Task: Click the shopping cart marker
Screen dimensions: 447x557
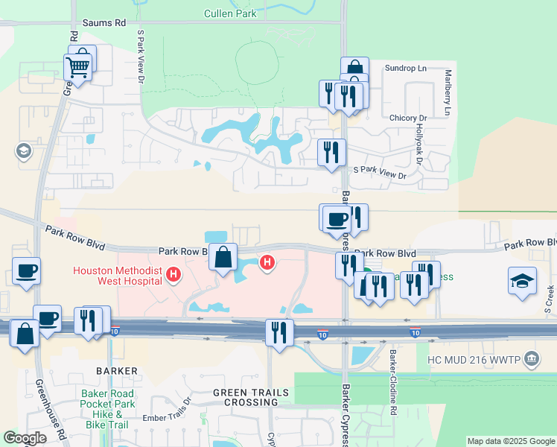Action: (x=78, y=68)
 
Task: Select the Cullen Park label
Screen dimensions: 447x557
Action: (x=230, y=13)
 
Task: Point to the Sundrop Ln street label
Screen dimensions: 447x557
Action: (x=405, y=69)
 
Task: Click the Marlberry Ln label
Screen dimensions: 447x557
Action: (x=448, y=92)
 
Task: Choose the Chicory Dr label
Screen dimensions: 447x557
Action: (x=408, y=118)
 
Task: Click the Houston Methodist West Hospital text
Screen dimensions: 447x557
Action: (x=118, y=276)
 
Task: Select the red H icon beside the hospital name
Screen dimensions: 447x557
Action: (x=174, y=276)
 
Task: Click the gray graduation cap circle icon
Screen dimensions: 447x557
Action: (x=23, y=151)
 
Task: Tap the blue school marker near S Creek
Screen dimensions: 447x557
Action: (x=523, y=281)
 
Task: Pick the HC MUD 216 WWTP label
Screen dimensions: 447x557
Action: (x=474, y=359)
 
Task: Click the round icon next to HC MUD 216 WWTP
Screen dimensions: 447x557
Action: (x=532, y=359)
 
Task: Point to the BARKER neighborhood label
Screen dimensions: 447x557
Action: (x=116, y=370)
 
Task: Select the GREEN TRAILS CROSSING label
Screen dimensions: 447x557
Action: (x=246, y=397)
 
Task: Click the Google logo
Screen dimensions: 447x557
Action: (x=25, y=438)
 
